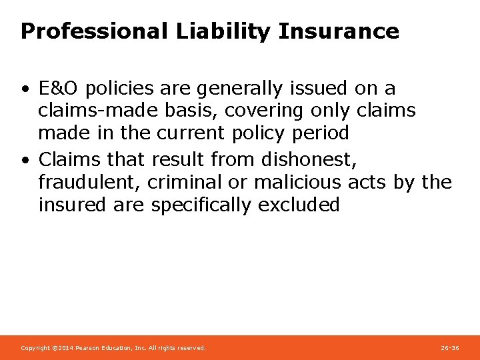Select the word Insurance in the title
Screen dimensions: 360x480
(x=339, y=31)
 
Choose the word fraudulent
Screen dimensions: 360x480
(x=89, y=182)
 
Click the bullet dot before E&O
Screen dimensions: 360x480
(x=24, y=89)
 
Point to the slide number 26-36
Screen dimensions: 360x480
(x=450, y=348)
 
